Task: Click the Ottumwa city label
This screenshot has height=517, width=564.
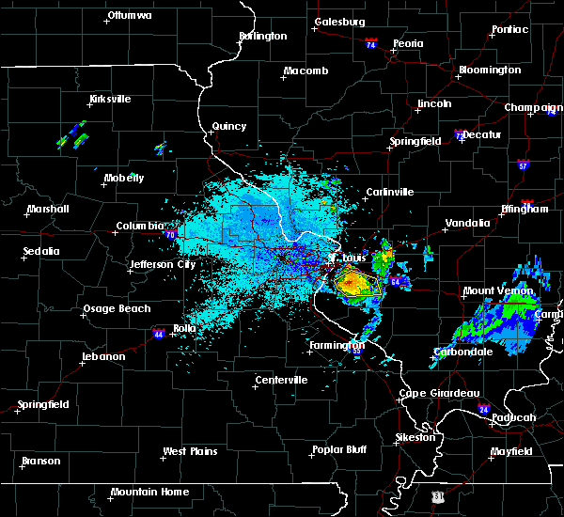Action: (129, 16)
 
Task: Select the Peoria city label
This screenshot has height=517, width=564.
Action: (408, 44)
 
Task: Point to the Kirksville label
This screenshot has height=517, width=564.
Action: (109, 99)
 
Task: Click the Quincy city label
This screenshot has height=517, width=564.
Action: (229, 126)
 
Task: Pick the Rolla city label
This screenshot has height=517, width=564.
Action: (183, 328)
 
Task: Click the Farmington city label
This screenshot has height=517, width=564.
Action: (336, 345)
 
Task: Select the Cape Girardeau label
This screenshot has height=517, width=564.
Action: (439, 393)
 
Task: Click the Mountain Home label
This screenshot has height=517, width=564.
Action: (149, 492)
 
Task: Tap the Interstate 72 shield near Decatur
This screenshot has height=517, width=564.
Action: (459, 136)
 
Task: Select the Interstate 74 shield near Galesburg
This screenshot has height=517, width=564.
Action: (371, 44)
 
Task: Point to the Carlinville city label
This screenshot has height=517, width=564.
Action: (389, 192)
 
